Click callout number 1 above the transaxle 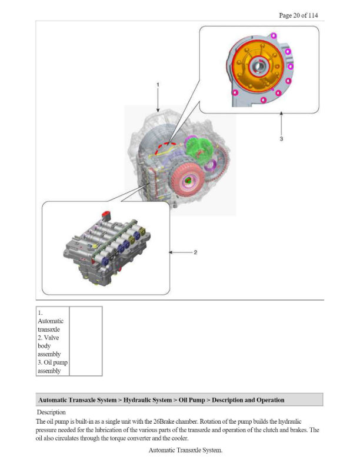tap(158, 85)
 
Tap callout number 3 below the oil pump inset tap(281, 139)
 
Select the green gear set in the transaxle tap(198, 152)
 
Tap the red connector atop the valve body tap(106, 214)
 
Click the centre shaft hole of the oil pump tap(258, 66)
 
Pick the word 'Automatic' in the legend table tap(50, 322)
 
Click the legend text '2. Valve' tap(48, 338)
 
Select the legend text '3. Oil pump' tap(52, 363)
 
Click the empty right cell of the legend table tap(85, 341)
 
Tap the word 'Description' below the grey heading tap(51, 412)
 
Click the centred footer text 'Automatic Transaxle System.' tap(185, 450)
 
